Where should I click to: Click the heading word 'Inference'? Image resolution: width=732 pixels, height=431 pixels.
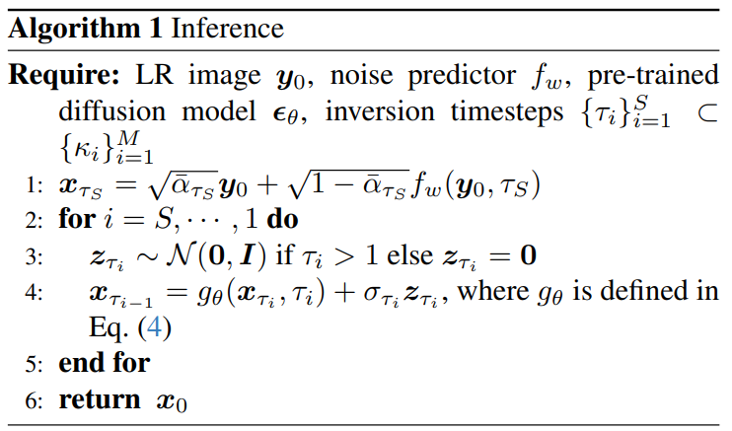tap(228, 28)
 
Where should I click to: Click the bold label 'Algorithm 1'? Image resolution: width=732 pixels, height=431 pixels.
tap(86, 28)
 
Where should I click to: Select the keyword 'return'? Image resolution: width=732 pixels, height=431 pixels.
tap(100, 400)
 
